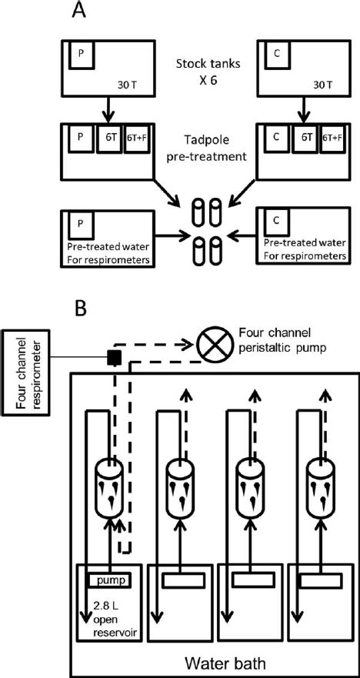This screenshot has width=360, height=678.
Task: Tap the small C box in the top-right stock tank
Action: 276,56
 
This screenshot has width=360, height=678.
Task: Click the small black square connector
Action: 112,357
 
